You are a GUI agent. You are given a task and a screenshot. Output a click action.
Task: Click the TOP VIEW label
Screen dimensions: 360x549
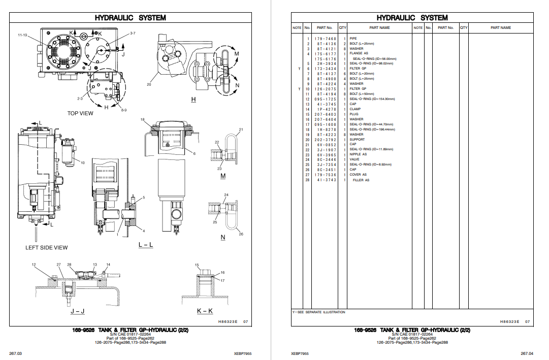(x=80, y=113)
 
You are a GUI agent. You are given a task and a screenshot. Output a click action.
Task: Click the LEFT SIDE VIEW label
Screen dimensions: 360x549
(x=47, y=248)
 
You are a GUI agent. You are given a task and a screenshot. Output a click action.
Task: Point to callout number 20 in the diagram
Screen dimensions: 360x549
(x=149, y=84)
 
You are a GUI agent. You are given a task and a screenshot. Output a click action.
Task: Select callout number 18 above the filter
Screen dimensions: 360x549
(x=143, y=119)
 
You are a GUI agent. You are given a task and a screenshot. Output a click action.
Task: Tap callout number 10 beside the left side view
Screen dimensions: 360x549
(x=82, y=162)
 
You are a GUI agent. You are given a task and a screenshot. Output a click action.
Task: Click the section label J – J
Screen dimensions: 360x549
(x=78, y=311)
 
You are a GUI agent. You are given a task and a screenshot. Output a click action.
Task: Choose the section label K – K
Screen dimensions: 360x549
(x=205, y=311)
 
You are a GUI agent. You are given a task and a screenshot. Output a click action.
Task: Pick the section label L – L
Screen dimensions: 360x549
(x=146, y=245)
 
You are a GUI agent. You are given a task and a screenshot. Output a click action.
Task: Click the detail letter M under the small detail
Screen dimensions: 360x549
(x=223, y=176)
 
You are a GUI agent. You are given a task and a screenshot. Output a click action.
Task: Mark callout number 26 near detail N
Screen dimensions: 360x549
(x=241, y=234)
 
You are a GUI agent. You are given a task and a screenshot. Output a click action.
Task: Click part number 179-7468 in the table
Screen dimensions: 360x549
(x=325, y=39)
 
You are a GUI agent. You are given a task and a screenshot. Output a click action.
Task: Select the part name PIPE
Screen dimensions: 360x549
(x=353, y=39)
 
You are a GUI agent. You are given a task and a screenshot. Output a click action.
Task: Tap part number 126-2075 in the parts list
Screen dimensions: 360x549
(x=325, y=89)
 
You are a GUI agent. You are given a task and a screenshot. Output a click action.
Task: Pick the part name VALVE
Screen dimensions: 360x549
(x=354, y=159)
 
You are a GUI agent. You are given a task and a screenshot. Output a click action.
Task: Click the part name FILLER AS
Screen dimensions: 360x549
(x=361, y=180)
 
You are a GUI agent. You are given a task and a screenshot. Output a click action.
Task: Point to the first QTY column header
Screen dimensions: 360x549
(x=343, y=28)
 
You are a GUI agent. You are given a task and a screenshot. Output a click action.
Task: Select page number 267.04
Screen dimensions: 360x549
(x=526, y=353)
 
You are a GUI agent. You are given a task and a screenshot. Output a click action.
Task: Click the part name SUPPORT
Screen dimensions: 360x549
(x=357, y=140)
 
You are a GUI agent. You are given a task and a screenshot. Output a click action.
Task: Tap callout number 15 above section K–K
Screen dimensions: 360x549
(x=197, y=265)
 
